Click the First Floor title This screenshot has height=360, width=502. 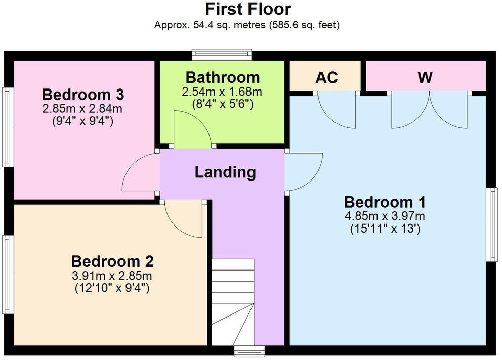[x=248, y=9]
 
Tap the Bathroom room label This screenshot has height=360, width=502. [x=223, y=78]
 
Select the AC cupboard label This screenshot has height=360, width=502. [x=326, y=77]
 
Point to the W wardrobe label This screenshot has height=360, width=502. [x=425, y=77]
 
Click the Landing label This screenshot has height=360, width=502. [x=225, y=172]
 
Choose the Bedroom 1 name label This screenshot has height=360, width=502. [x=385, y=202]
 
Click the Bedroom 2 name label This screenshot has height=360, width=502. [x=112, y=261]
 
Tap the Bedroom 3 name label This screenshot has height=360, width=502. [x=83, y=95]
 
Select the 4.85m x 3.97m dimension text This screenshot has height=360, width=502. [x=385, y=216]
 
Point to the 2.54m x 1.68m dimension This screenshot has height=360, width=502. [x=222, y=92]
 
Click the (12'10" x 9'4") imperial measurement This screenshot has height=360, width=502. [x=112, y=288]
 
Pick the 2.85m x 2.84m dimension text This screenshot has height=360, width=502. [x=82, y=109]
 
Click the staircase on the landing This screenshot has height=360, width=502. [x=233, y=302]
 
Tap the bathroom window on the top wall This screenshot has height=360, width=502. [x=222, y=55]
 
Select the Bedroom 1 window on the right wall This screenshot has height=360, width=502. [x=492, y=224]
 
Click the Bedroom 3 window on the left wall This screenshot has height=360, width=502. [x=8, y=127]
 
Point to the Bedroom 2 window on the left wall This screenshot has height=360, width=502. [x=8, y=275]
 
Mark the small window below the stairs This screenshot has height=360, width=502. [x=249, y=351]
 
